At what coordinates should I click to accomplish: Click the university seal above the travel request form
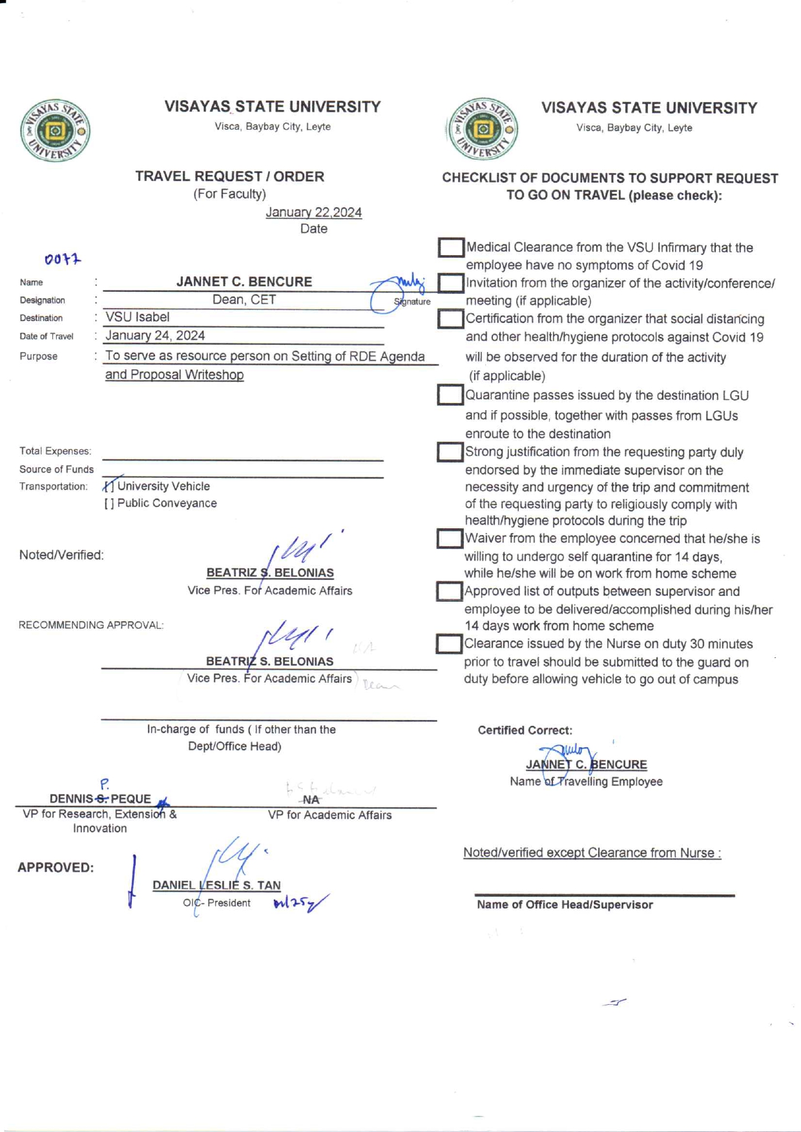pyautogui.click(x=55, y=131)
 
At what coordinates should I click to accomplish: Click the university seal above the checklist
pyautogui.click(x=482, y=129)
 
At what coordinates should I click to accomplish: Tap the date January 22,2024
pyautogui.click(x=313, y=212)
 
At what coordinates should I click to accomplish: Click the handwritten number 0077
pyautogui.click(x=63, y=260)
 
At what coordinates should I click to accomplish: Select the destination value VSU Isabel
pyautogui.click(x=138, y=317)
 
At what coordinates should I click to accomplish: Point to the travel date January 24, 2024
pyautogui.click(x=155, y=336)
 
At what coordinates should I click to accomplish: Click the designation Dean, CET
pyautogui.click(x=244, y=300)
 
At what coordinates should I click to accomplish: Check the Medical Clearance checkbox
pyautogui.click(x=450, y=247)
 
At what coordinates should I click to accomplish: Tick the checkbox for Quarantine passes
pyautogui.click(x=450, y=395)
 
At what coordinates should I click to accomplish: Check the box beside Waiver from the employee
pyautogui.click(x=449, y=539)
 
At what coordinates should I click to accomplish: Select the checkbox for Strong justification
pyautogui.click(x=450, y=452)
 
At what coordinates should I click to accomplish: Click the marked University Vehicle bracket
pyautogui.click(x=109, y=486)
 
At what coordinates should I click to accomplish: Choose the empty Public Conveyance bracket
pyautogui.click(x=109, y=504)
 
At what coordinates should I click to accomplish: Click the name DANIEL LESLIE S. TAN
pyautogui.click(x=216, y=885)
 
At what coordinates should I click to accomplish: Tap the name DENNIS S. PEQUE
pyautogui.click(x=100, y=799)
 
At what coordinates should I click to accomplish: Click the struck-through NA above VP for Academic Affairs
pyautogui.click(x=311, y=800)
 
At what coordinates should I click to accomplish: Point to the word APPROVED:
pyautogui.click(x=56, y=868)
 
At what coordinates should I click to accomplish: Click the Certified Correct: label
pyautogui.click(x=525, y=730)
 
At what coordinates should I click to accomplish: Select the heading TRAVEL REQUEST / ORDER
pyautogui.click(x=229, y=176)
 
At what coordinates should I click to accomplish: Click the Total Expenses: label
pyautogui.click(x=55, y=451)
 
